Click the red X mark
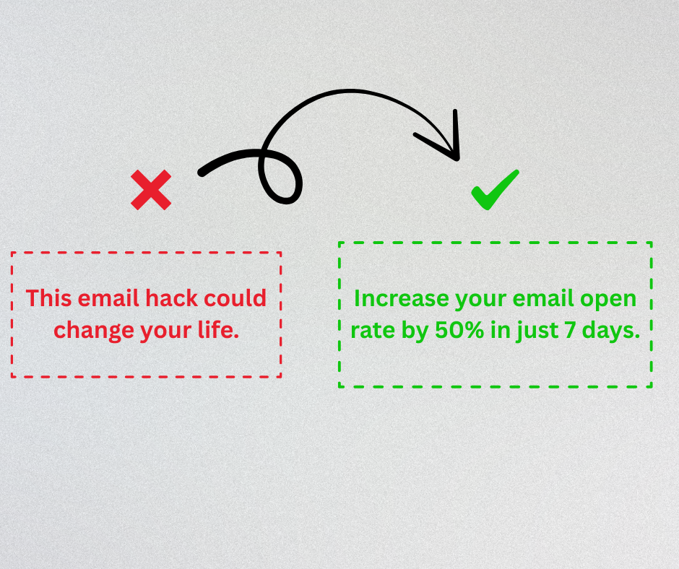pos(151,190)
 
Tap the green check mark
pos(495,190)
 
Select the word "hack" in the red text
pos(172,298)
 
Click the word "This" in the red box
pos(48,298)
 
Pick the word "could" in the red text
pos(235,298)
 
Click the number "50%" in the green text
pos(459,331)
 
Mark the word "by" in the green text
pos(415,331)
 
